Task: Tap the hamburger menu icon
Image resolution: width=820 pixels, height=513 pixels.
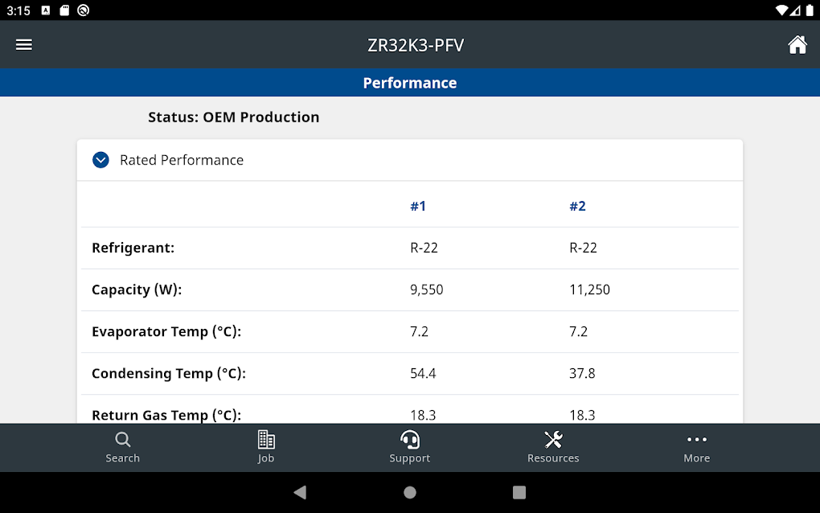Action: [24, 45]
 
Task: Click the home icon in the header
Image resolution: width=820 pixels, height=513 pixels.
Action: [797, 45]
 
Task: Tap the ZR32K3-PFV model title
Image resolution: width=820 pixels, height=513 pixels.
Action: [416, 45]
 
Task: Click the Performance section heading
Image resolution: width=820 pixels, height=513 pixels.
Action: [410, 83]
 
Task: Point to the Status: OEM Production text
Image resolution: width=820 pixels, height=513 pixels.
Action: [234, 117]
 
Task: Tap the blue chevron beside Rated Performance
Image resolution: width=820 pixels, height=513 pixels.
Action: [100, 160]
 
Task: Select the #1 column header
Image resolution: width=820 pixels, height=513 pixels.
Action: [418, 207]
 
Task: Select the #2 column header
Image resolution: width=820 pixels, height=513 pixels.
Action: [577, 207]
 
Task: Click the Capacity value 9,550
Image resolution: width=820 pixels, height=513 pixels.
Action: [426, 289]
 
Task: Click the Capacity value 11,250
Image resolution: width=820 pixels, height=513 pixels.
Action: [589, 289]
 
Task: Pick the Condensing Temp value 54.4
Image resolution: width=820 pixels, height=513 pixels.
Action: [423, 373]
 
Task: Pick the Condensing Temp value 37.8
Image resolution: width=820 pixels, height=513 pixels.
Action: [582, 373]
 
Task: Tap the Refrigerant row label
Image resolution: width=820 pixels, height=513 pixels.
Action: [133, 248]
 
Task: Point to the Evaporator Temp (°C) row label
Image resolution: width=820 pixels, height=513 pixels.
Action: [166, 331]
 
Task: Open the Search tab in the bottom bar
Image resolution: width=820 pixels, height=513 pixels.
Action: [123, 447]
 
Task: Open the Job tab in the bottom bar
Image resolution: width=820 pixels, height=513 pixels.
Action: [266, 447]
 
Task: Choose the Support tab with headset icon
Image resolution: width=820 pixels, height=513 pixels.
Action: [410, 447]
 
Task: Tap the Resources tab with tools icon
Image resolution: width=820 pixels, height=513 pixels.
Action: [553, 447]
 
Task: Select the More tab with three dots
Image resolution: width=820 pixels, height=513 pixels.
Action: [697, 447]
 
